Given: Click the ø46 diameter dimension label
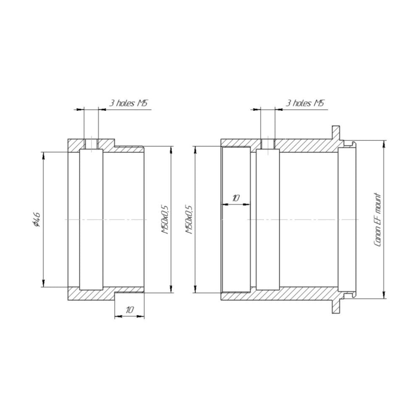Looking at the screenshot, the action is pos(36,219).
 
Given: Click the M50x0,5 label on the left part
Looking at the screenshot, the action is pos(165,220).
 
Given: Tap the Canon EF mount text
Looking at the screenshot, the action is pos(377,220).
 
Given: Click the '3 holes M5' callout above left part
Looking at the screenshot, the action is pos(128,103).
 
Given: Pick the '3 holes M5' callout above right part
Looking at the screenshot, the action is pos(305,103).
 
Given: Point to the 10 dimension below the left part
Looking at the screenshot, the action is pos(130,310).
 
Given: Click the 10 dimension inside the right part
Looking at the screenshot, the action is pos(236,198).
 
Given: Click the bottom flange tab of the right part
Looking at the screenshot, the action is pos(336,307).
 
